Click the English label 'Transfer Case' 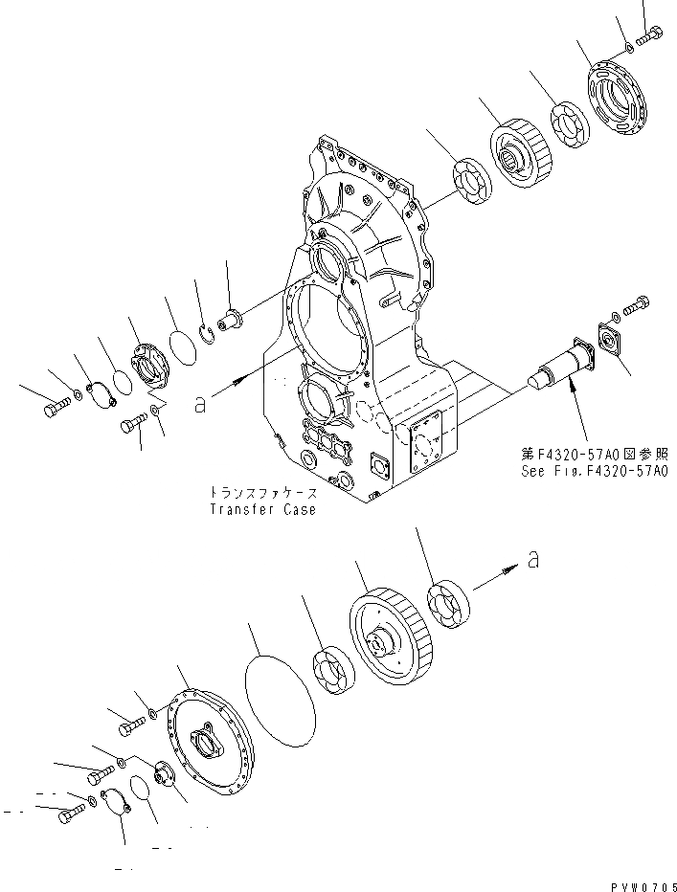pyautogui.click(x=262, y=510)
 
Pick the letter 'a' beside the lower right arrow pyautogui.click(x=533, y=559)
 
